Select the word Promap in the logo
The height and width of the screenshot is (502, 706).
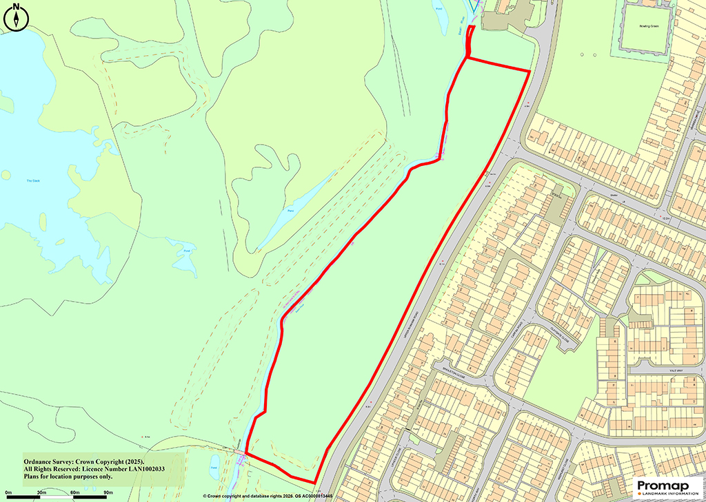[x=662, y=486]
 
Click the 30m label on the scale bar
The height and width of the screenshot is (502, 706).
[x=41, y=493]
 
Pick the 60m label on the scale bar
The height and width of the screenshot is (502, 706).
[x=75, y=493]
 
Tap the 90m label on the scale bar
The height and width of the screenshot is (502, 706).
[x=108, y=493]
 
